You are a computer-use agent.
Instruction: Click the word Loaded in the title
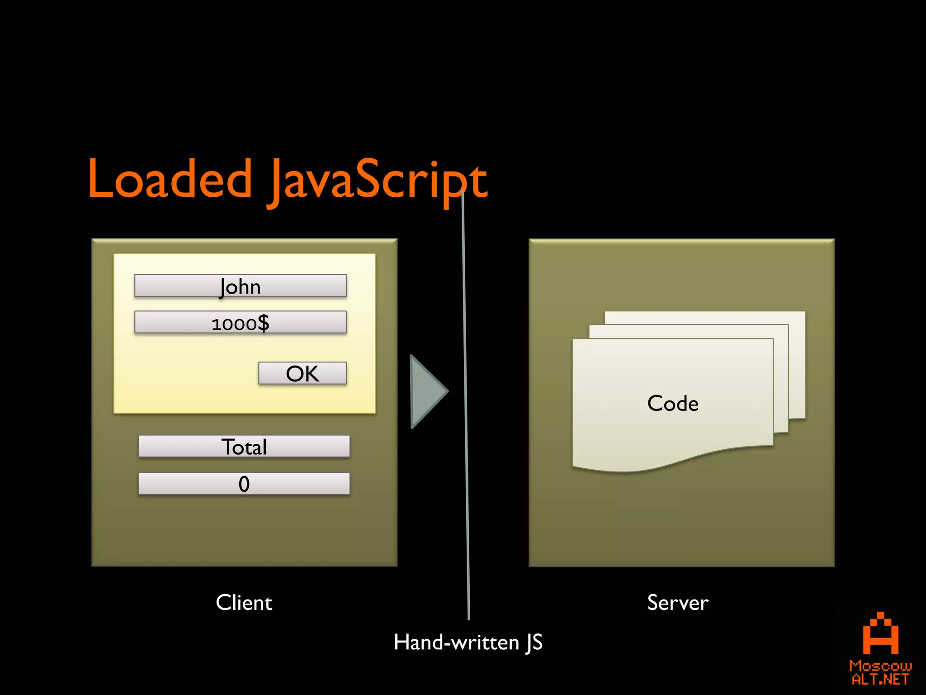(170, 179)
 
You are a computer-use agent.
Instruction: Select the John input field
(240, 286)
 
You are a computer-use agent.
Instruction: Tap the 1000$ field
(240, 323)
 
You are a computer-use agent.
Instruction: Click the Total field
(244, 447)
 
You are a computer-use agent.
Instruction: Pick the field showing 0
(244, 484)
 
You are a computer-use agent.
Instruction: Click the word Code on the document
(672, 403)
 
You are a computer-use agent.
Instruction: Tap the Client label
(244, 603)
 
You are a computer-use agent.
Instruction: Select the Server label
(677, 603)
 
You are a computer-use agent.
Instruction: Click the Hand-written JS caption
(468, 643)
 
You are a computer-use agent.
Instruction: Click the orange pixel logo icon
(880, 634)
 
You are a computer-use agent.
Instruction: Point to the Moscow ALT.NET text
(880, 672)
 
